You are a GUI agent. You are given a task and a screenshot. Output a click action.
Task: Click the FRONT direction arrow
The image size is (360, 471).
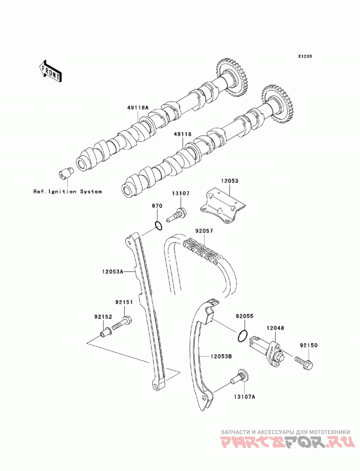[50, 71]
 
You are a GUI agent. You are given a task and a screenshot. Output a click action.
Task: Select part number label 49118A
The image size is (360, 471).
[137, 107]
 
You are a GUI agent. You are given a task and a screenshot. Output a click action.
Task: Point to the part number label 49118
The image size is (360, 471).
[182, 135]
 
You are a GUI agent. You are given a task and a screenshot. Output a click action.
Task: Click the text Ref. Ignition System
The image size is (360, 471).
[67, 191]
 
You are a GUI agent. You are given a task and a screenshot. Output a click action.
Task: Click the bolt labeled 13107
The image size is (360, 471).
[176, 215]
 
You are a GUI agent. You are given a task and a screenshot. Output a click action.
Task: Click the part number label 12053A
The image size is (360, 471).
[112, 272]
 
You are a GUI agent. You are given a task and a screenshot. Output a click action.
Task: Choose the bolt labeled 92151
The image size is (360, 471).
[122, 323]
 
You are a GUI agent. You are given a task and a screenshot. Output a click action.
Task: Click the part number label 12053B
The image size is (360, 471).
[221, 357]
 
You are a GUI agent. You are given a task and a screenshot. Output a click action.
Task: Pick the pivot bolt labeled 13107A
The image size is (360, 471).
[238, 377]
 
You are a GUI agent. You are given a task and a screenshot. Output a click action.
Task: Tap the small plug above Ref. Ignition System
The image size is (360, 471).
[65, 173]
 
